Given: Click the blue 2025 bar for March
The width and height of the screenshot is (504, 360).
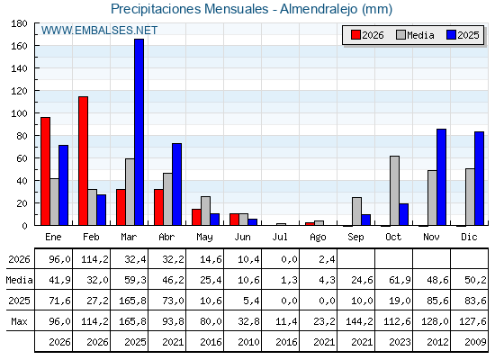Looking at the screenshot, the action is [139, 132].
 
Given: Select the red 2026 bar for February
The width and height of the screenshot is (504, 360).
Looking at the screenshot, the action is [83, 161].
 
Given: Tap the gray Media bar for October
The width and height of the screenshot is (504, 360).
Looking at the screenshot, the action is [395, 191].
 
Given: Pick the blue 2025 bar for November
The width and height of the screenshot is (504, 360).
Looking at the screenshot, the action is [441, 177].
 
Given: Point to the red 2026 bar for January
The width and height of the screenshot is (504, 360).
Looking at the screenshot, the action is [45, 171].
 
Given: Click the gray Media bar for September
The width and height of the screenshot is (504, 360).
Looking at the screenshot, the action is [356, 211].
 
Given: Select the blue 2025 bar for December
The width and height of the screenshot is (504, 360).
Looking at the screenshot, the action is [479, 178].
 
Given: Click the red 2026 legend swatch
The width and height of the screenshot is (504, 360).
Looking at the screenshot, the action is [355, 35].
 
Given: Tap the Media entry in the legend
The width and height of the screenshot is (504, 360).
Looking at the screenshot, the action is [415, 35].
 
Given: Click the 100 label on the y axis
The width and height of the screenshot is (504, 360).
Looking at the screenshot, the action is [19, 113].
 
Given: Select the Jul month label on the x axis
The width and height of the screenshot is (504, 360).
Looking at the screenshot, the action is [280, 237].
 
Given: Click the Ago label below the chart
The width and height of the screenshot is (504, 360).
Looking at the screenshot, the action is [318, 238].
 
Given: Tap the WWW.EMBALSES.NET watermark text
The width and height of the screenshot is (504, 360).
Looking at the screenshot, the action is [99, 31].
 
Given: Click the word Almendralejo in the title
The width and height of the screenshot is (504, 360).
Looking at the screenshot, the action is [319, 9].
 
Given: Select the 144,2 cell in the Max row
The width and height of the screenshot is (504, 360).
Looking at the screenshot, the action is [360, 321].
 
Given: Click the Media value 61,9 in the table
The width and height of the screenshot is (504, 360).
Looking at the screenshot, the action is [400, 280].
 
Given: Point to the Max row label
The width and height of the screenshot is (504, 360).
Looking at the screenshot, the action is [19, 321].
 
